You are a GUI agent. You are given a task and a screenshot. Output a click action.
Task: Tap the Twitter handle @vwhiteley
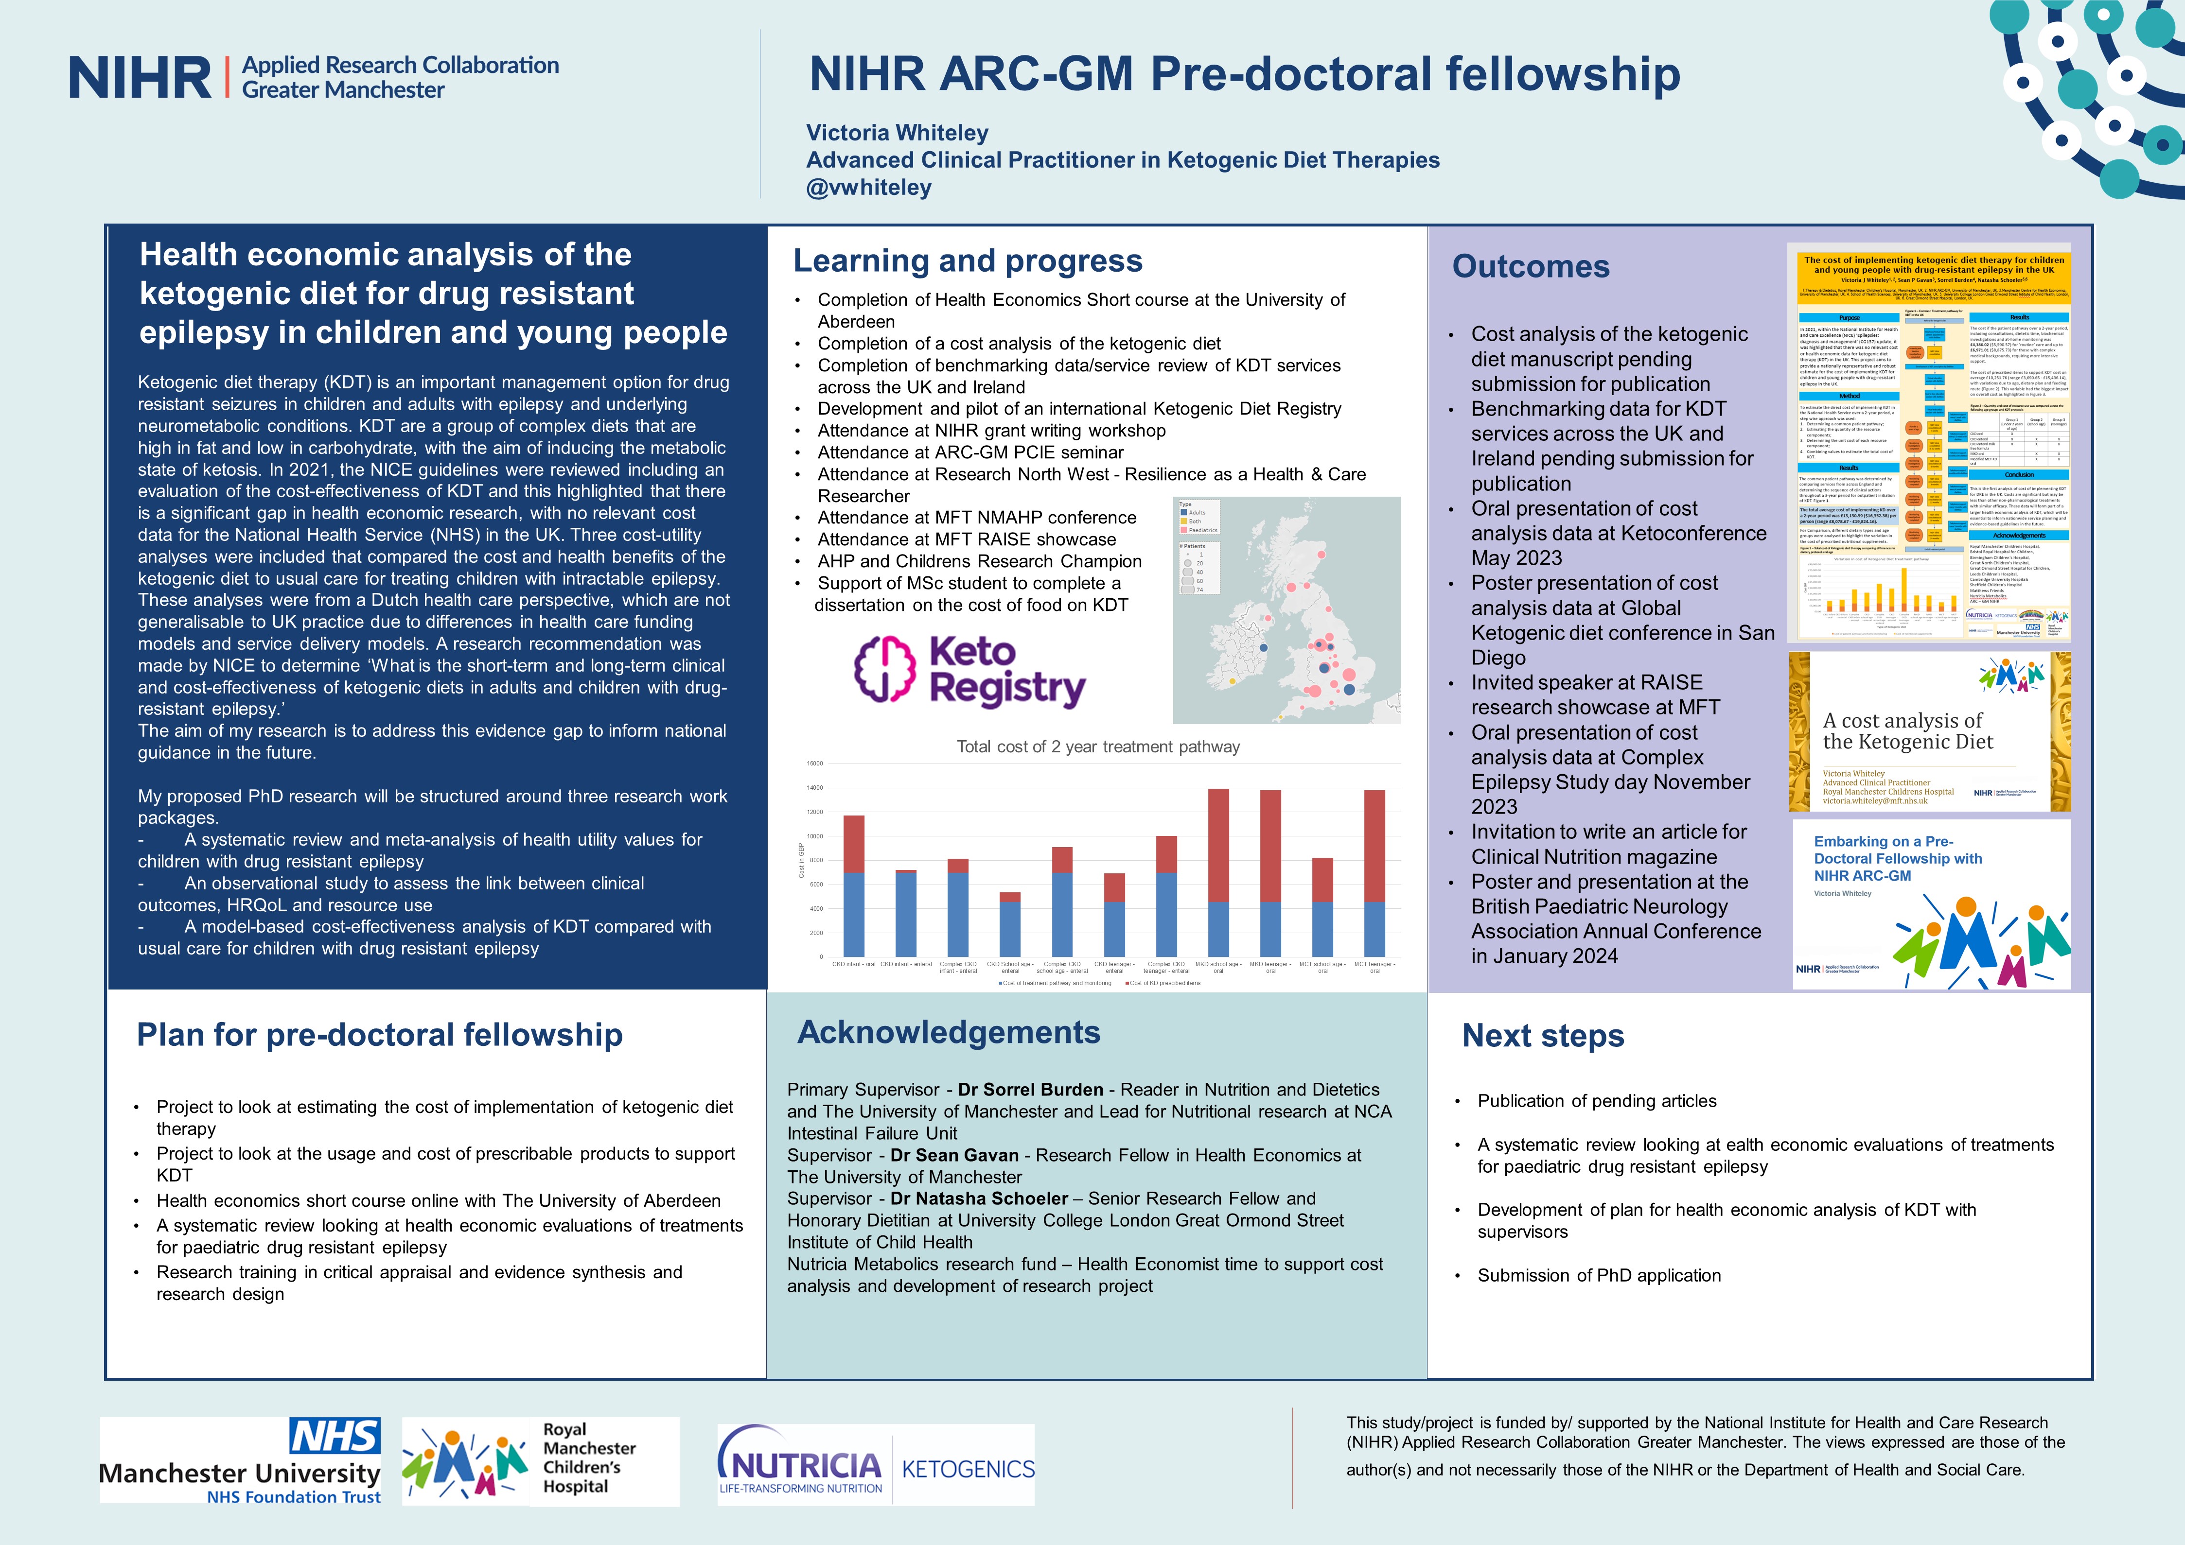pos(869,188)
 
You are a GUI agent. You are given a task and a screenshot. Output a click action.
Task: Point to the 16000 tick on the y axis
pos(814,763)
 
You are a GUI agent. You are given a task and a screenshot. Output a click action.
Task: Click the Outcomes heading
pos(1530,266)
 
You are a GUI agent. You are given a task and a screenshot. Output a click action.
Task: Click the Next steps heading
pos(1543,1035)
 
